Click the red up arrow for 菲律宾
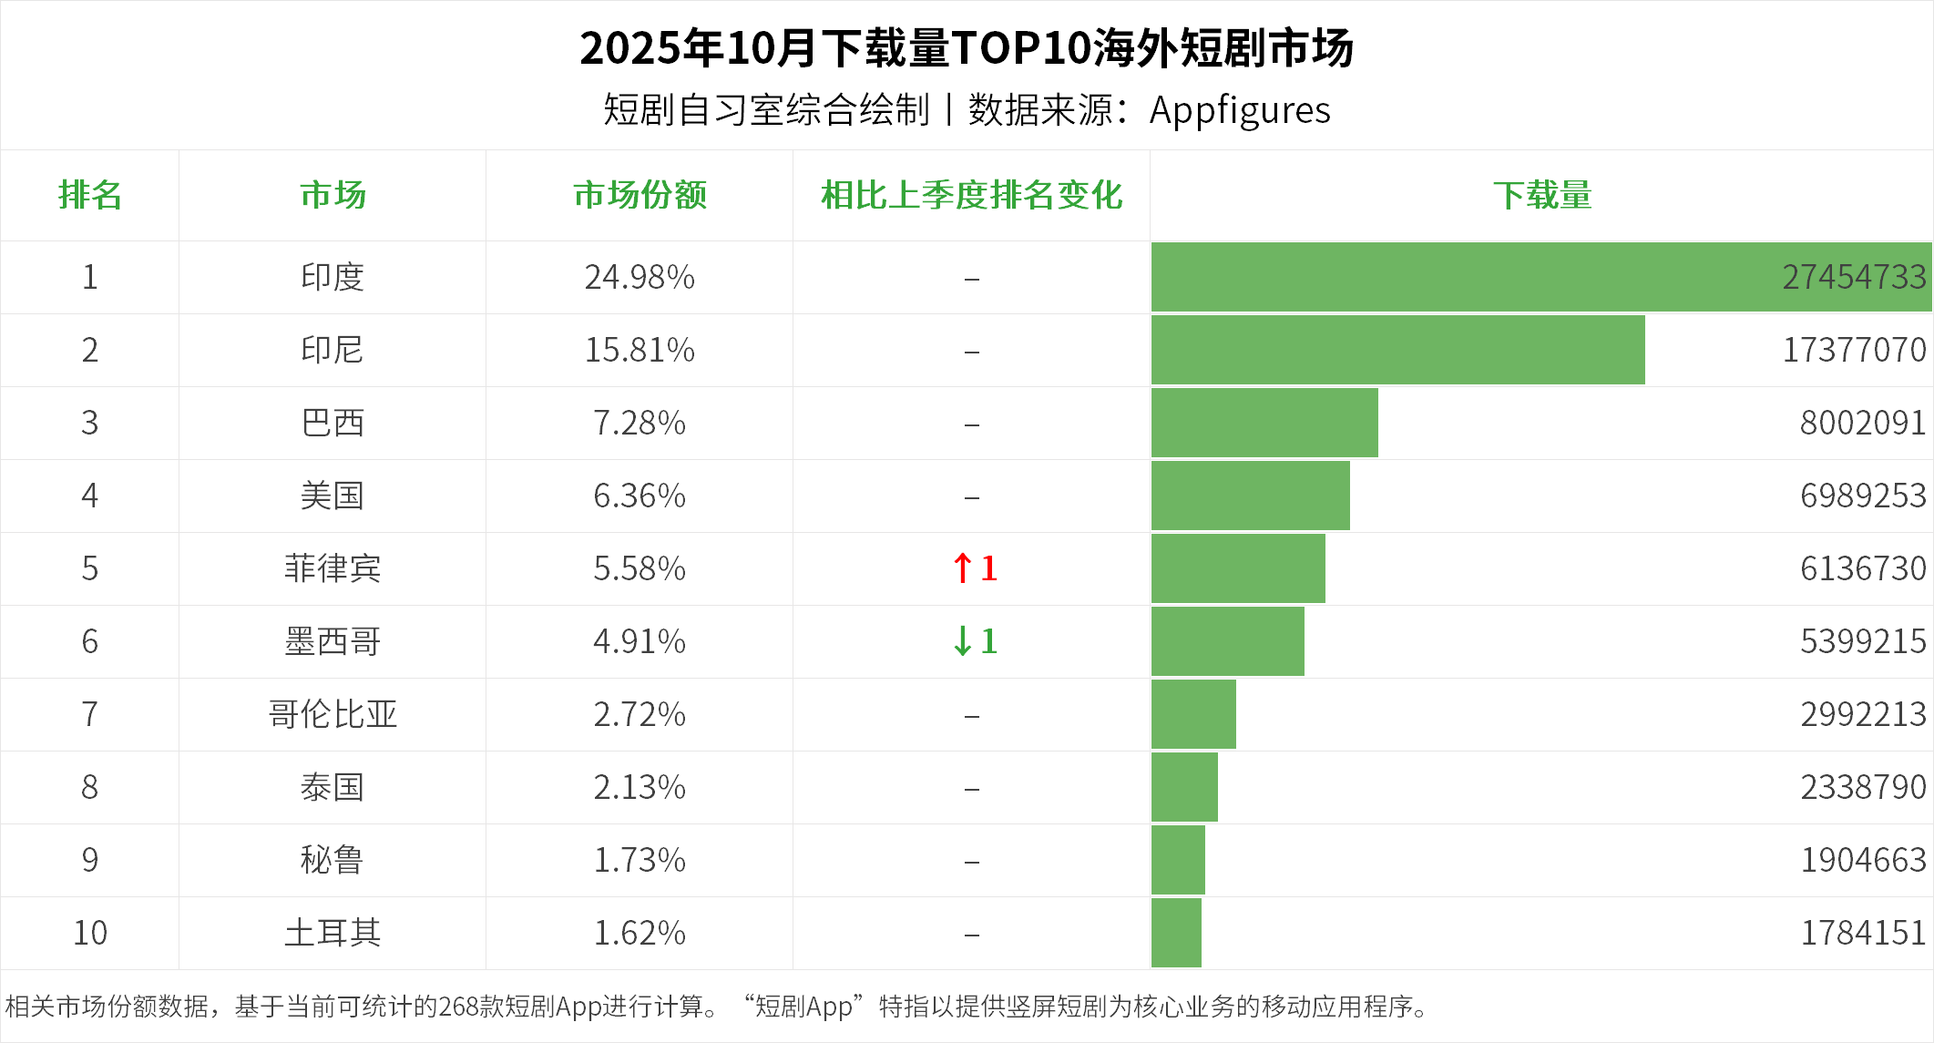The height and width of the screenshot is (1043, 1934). [962, 568]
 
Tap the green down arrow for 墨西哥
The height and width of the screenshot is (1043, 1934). [962, 641]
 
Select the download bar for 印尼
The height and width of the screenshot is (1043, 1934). [1397, 350]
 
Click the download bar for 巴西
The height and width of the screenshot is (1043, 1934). [1264, 423]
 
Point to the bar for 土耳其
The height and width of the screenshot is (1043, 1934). [1176, 933]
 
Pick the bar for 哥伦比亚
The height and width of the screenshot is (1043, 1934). [1193, 714]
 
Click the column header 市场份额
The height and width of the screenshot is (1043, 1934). [640, 195]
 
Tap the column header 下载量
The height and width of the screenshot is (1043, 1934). [1541, 195]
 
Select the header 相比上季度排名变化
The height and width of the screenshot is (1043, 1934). [971, 195]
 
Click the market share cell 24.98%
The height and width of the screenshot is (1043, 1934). [640, 277]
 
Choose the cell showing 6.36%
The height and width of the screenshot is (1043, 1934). [640, 496]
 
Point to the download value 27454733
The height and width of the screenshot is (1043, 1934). [1854, 277]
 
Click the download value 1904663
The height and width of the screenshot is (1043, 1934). [1863, 860]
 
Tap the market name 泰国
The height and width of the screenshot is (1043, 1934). [333, 787]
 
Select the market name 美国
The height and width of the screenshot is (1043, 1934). [333, 496]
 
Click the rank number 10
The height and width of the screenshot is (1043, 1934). [89, 933]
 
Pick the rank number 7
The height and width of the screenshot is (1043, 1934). [89, 714]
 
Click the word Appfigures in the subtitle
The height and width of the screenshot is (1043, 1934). [1239, 110]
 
